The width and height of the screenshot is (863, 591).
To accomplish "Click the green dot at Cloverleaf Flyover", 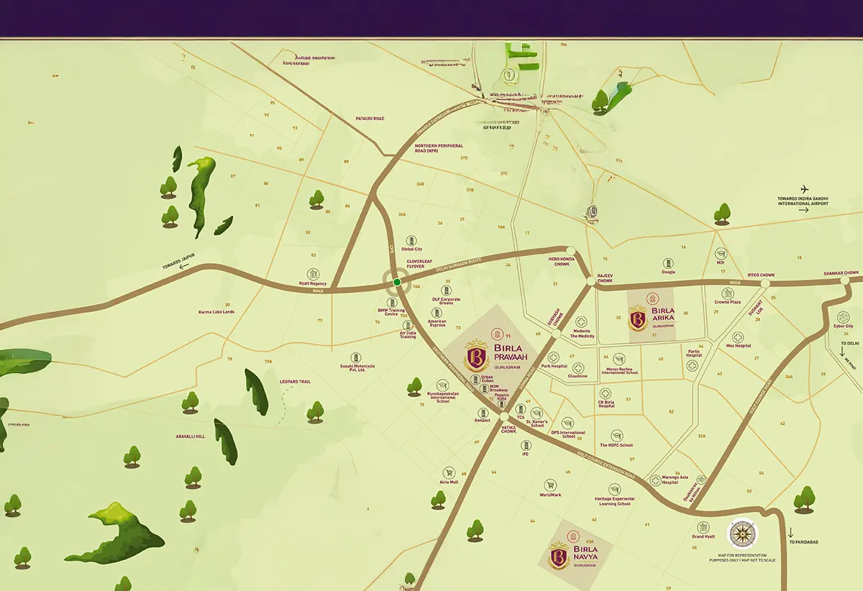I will (x=397, y=283).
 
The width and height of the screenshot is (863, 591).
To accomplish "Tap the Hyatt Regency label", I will (x=313, y=284).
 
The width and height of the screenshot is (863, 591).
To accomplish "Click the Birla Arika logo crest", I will (x=637, y=318).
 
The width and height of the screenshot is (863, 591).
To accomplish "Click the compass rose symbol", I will (x=742, y=533).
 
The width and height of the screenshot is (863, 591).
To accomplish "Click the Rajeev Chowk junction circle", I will (x=593, y=279).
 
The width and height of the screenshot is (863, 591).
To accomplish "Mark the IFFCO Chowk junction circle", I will (x=764, y=283).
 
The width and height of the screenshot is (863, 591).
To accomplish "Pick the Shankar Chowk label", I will (x=841, y=273).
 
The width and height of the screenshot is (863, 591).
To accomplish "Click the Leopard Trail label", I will (x=295, y=382).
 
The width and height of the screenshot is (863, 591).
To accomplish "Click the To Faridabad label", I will (x=803, y=542).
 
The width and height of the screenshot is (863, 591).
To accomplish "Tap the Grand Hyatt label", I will (x=703, y=536).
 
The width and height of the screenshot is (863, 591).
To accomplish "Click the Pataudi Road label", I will (x=370, y=119).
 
